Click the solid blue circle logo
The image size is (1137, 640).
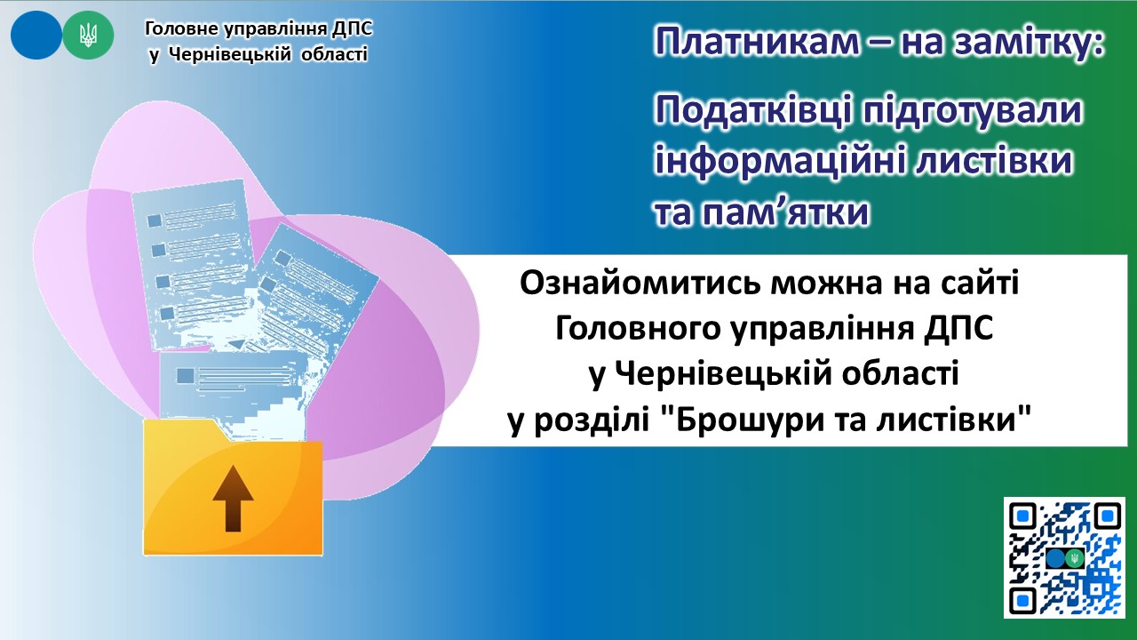[36, 35]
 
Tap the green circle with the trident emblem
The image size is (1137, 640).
[88, 35]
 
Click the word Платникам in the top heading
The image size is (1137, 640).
[756, 42]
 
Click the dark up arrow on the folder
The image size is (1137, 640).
[233, 499]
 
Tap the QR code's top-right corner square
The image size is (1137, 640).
[1107, 516]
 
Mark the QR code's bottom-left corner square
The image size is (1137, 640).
[1022, 602]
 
